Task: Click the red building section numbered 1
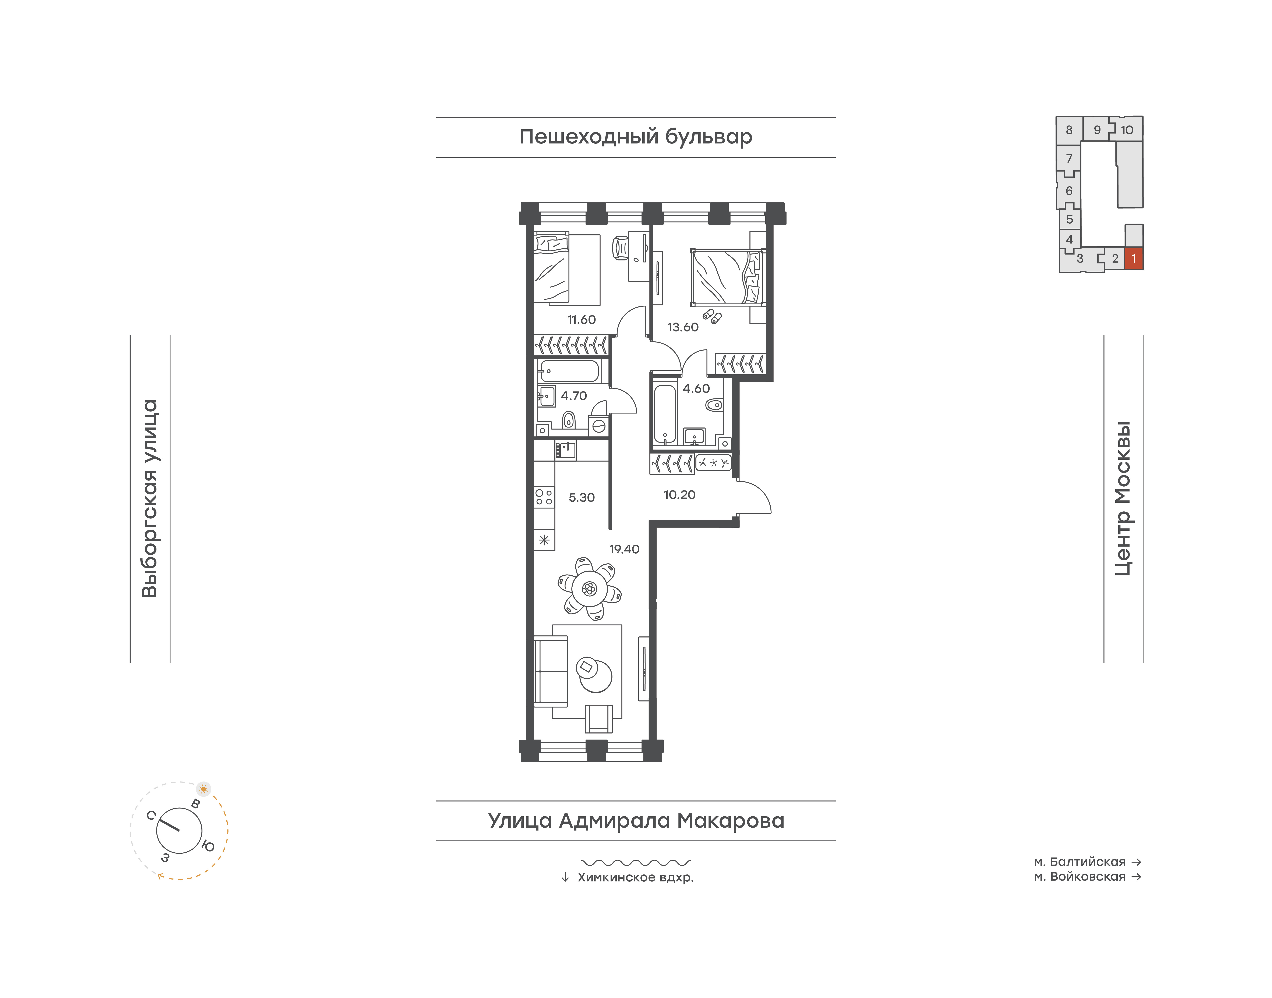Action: [x=1134, y=258]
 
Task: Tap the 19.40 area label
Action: [x=624, y=549]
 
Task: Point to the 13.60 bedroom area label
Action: [x=683, y=327]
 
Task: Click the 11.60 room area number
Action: [x=581, y=320]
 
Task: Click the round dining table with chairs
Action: [x=589, y=588]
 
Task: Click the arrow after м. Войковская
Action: [x=1136, y=877]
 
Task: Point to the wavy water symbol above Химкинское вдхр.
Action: [x=636, y=862]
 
